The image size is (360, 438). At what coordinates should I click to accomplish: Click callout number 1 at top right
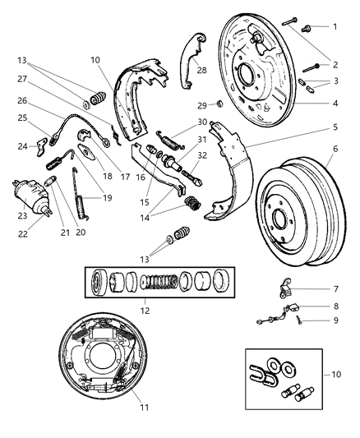(x=335, y=26)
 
